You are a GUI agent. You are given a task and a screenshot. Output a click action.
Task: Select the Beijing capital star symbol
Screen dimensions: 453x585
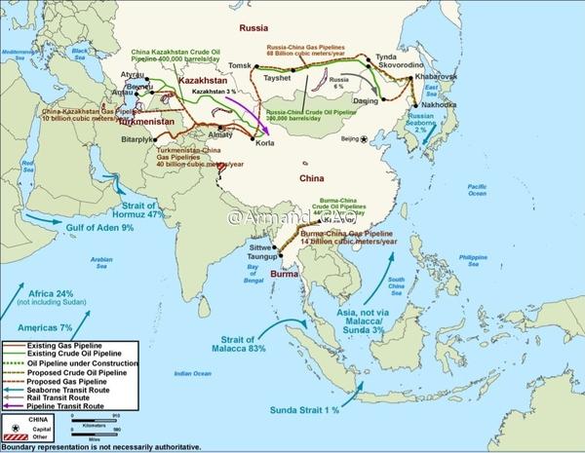point(364,139)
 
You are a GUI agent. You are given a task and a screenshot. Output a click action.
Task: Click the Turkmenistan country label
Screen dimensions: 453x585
point(152,124)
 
